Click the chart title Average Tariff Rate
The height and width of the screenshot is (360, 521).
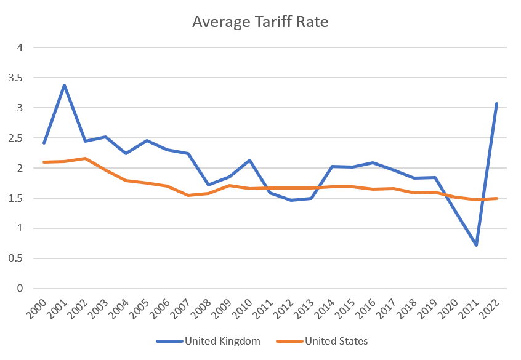tap(260, 23)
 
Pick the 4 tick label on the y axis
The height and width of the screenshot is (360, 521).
tap(20, 47)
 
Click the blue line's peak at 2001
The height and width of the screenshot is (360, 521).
tap(65, 85)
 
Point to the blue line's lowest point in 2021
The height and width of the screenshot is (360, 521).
tap(476, 246)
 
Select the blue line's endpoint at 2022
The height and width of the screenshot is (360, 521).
tap(496, 103)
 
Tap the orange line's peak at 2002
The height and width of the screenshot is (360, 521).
tap(86, 158)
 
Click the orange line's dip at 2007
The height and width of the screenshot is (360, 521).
tap(188, 195)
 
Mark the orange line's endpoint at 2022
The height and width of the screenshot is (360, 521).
tap(496, 198)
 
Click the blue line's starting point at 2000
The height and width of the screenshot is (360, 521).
tap(44, 143)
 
